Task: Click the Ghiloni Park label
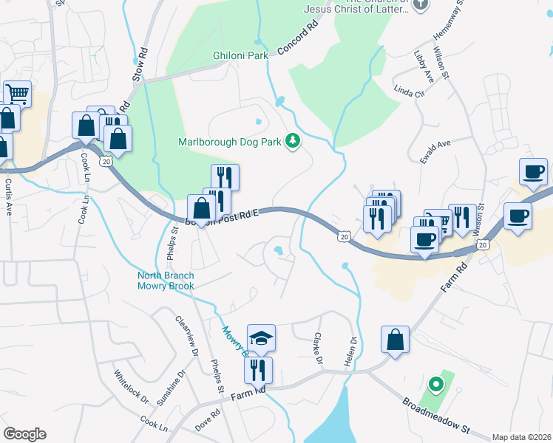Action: (x=240, y=55)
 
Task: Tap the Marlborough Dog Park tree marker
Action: (x=294, y=140)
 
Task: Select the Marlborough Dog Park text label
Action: (x=229, y=142)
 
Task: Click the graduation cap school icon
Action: (x=261, y=338)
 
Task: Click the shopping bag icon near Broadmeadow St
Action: (x=395, y=341)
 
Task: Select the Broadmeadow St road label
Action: (x=436, y=415)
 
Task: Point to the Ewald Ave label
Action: (x=435, y=151)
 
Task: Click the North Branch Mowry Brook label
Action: (x=166, y=281)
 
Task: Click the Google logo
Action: (x=24, y=434)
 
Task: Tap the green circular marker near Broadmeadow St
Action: (x=436, y=384)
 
